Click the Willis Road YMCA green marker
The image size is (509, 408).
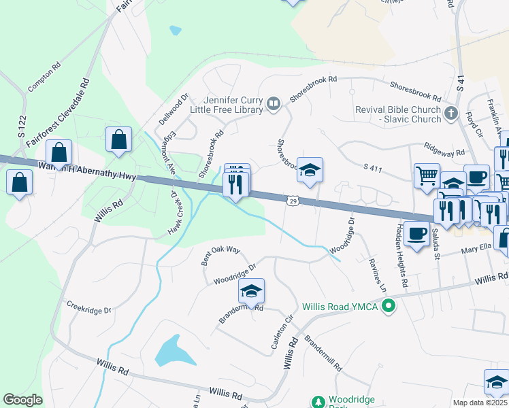(x=389, y=307)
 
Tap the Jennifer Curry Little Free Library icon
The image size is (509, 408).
(x=273, y=103)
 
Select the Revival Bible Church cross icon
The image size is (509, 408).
(x=450, y=114)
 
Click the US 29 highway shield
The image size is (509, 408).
(x=291, y=201)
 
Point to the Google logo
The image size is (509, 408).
(x=23, y=400)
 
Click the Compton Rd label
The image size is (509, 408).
(x=44, y=78)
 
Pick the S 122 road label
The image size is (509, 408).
(x=22, y=127)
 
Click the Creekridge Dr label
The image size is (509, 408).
(x=88, y=309)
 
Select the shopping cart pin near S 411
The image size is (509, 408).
(x=427, y=175)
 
